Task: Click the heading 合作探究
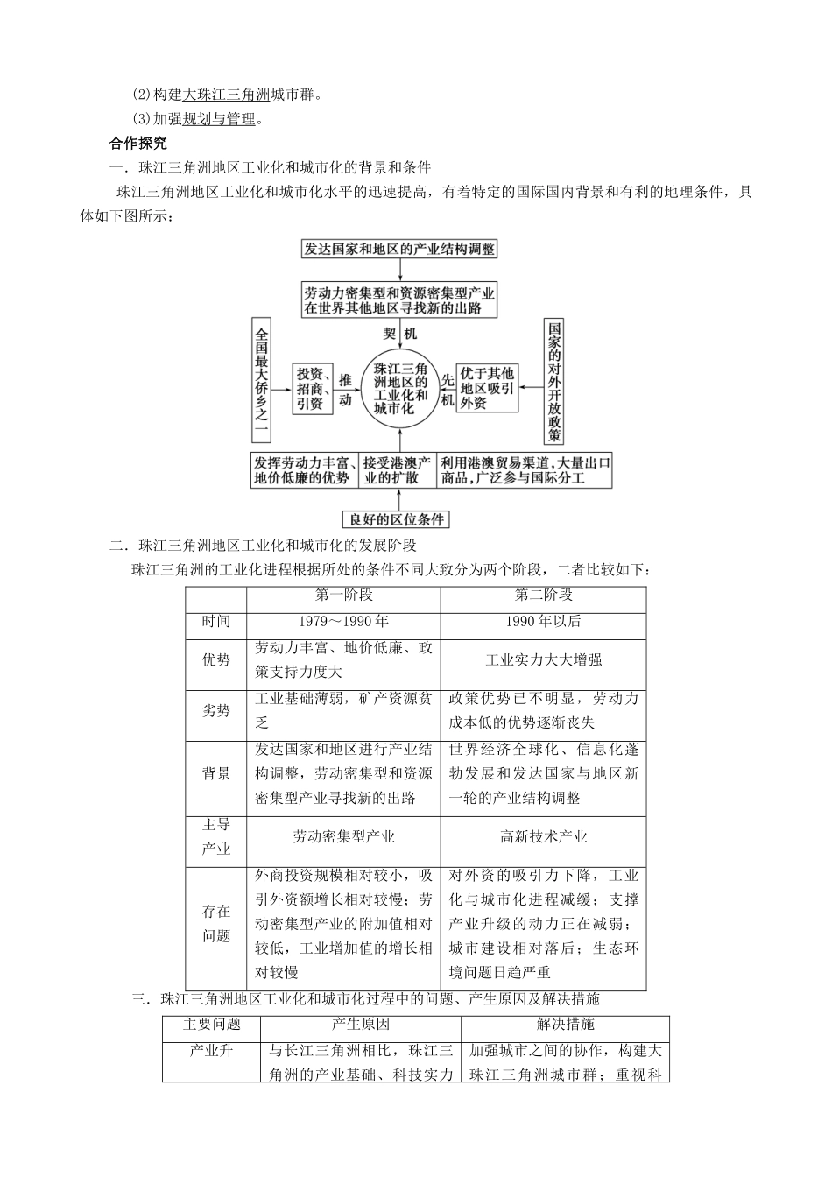(x=137, y=143)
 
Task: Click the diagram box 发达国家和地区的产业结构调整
(x=398, y=249)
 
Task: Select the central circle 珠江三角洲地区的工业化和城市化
(x=399, y=389)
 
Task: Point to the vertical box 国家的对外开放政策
(x=553, y=381)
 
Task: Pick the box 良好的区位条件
(x=396, y=519)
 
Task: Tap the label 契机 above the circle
(x=400, y=334)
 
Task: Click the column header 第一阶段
(x=343, y=596)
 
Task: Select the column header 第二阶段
(x=543, y=596)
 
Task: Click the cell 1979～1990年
(x=343, y=622)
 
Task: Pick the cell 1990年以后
(x=543, y=622)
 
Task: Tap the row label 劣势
(x=216, y=711)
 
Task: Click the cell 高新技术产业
(x=543, y=837)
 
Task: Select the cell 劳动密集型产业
(x=343, y=837)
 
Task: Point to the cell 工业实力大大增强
(x=543, y=660)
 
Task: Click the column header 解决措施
(x=565, y=1025)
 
